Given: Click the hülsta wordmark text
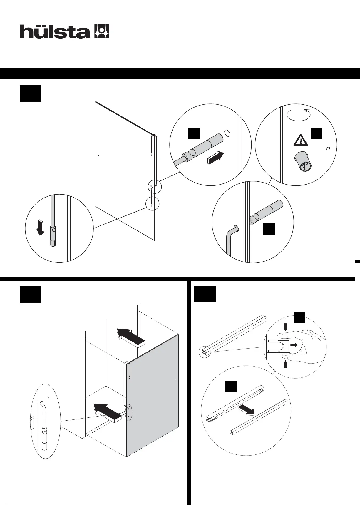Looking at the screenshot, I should click(x=55, y=31).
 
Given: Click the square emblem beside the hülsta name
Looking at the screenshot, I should click(x=101, y=31).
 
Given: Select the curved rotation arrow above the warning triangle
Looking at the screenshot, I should click(x=299, y=115).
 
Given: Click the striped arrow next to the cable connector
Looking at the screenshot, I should click(x=215, y=157).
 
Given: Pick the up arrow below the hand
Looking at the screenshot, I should click(x=285, y=364).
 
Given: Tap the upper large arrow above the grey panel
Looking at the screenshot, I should click(x=131, y=337).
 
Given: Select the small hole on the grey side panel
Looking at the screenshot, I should click(x=176, y=379).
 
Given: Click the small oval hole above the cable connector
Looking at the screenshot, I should click(x=227, y=133).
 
